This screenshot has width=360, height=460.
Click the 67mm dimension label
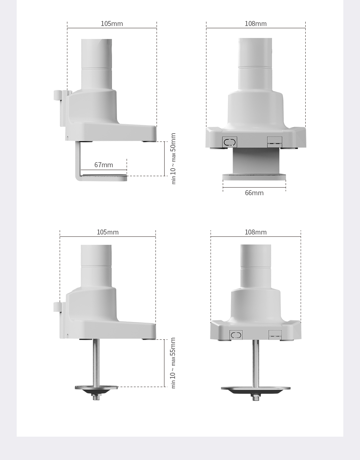104,165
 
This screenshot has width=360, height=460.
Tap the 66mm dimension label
254,193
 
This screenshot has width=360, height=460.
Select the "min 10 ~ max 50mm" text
173,159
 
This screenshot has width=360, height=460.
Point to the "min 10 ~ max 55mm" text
173,363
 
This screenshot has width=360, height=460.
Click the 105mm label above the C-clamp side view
112,24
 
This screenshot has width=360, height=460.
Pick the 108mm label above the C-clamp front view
256,24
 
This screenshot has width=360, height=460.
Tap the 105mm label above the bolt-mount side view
108,232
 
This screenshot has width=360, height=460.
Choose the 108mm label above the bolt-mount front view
256,232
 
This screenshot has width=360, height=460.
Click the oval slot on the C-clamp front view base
230,142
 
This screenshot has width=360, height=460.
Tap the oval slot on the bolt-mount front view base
236,335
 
